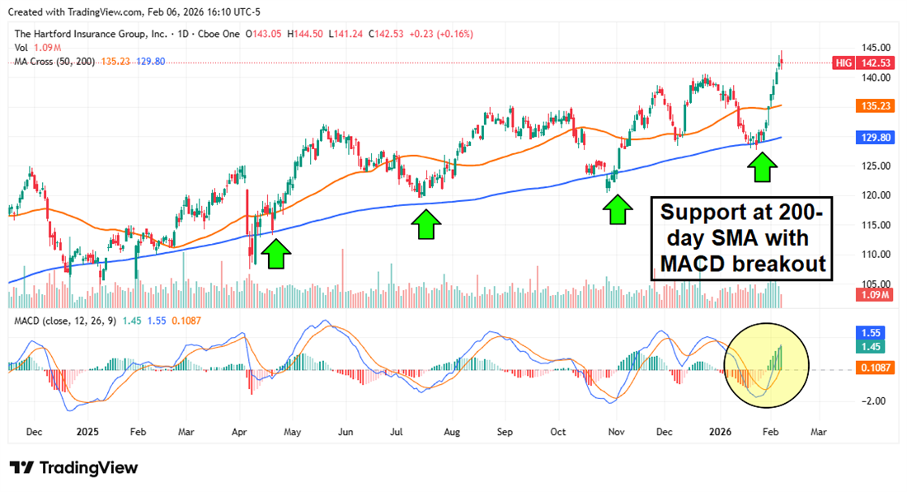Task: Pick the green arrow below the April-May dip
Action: click(x=277, y=254)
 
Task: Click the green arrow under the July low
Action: click(x=425, y=224)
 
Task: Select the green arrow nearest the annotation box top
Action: click(x=763, y=168)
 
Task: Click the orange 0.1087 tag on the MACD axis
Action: click(x=875, y=368)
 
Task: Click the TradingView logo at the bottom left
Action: click(x=74, y=467)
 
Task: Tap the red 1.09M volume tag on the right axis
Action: click(x=874, y=295)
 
